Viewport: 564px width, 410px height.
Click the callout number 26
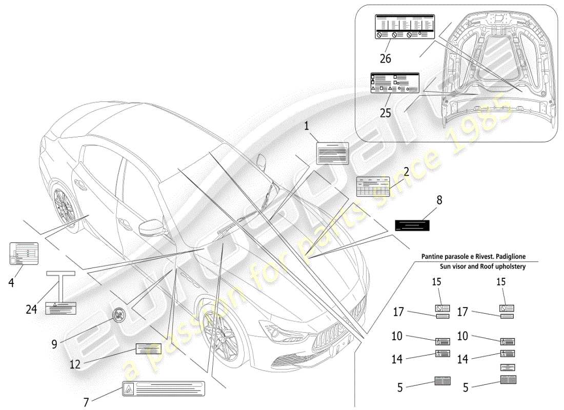click(385, 58)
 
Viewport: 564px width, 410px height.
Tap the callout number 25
click(385, 112)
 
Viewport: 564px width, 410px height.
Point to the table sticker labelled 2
click(373, 187)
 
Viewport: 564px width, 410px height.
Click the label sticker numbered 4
click(24, 254)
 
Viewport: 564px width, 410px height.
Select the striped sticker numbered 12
click(148, 349)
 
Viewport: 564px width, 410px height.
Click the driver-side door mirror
click(152, 226)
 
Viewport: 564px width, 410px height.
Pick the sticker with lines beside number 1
click(332, 153)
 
